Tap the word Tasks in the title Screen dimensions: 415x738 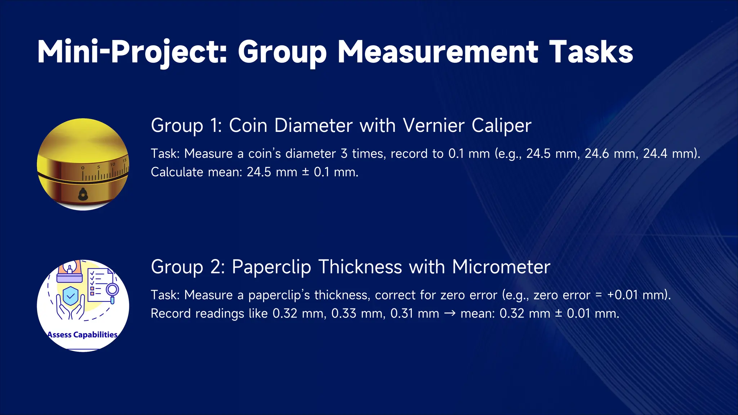(x=591, y=52)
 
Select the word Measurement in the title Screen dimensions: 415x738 (x=437, y=52)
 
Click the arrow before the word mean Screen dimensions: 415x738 (x=450, y=313)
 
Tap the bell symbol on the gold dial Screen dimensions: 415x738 (x=83, y=195)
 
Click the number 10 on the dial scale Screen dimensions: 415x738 (x=112, y=165)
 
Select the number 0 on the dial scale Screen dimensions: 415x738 (x=83, y=168)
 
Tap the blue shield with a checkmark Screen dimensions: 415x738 (x=71, y=296)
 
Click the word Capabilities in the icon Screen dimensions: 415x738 (x=95, y=335)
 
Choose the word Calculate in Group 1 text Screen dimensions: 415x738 (x=177, y=172)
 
